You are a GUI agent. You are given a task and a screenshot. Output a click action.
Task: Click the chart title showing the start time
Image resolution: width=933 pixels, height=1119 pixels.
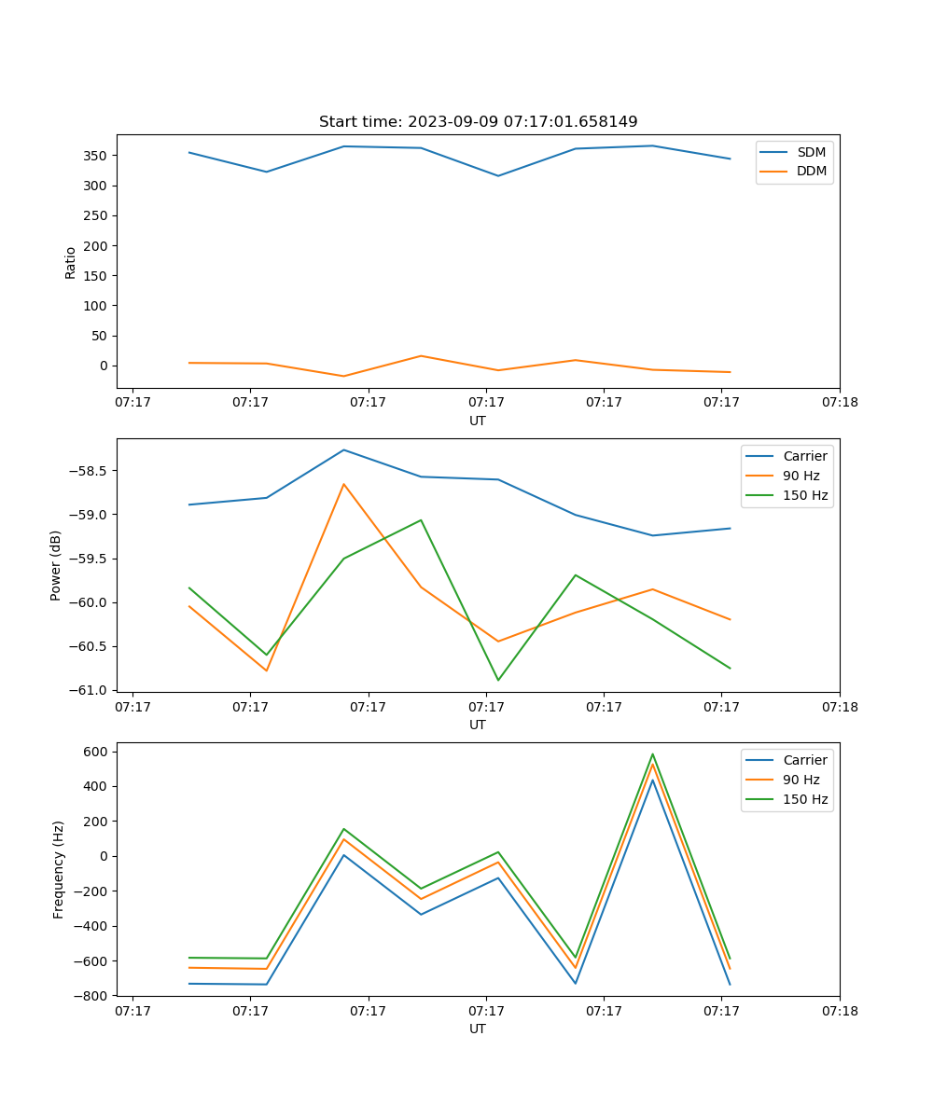[x=478, y=121]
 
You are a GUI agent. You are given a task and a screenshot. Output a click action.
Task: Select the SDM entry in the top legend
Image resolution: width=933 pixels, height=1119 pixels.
[x=811, y=152]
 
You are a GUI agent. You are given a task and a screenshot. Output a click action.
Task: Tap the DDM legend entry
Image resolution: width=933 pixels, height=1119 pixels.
[x=811, y=172]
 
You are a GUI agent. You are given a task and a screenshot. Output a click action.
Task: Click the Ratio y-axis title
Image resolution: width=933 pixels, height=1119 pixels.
[x=71, y=263]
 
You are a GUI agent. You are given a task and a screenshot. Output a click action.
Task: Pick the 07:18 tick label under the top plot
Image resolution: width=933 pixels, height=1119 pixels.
[x=839, y=403]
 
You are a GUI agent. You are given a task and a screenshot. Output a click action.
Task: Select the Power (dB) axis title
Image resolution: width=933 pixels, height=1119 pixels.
[x=56, y=565]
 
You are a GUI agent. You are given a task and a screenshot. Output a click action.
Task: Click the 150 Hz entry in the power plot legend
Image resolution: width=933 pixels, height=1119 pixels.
[x=804, y=495]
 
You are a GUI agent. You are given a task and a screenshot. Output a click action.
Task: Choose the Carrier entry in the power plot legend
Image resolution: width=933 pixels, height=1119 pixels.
[x=804, y=456]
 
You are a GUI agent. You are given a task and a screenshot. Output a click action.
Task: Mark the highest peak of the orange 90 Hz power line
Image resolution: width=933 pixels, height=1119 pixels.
[x=343, y=484]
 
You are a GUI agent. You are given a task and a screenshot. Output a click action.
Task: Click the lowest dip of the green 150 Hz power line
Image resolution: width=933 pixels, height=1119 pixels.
[x=497, y=680]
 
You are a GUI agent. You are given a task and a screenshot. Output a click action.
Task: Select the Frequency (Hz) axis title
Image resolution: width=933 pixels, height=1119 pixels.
[x=58, y=869]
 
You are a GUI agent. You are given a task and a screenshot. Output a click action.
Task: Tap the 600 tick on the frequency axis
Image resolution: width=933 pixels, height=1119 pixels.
[x=97, y=752]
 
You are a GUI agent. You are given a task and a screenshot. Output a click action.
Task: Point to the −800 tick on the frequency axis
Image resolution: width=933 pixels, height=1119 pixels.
[x=93, y=996]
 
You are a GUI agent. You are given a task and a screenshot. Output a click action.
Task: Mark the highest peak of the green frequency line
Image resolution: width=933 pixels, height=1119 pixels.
[x=652, y=754]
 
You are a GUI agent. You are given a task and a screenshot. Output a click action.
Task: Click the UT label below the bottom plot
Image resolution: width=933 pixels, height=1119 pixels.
[x=478, y=1029]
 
